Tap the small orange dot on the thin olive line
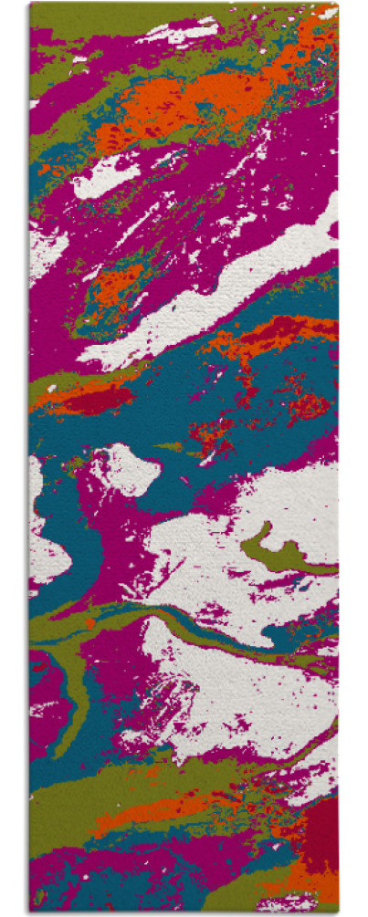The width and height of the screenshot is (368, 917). coord(90,622)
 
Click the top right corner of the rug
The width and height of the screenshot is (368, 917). coord(336,5)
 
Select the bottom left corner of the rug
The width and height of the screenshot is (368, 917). coord(30,911)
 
